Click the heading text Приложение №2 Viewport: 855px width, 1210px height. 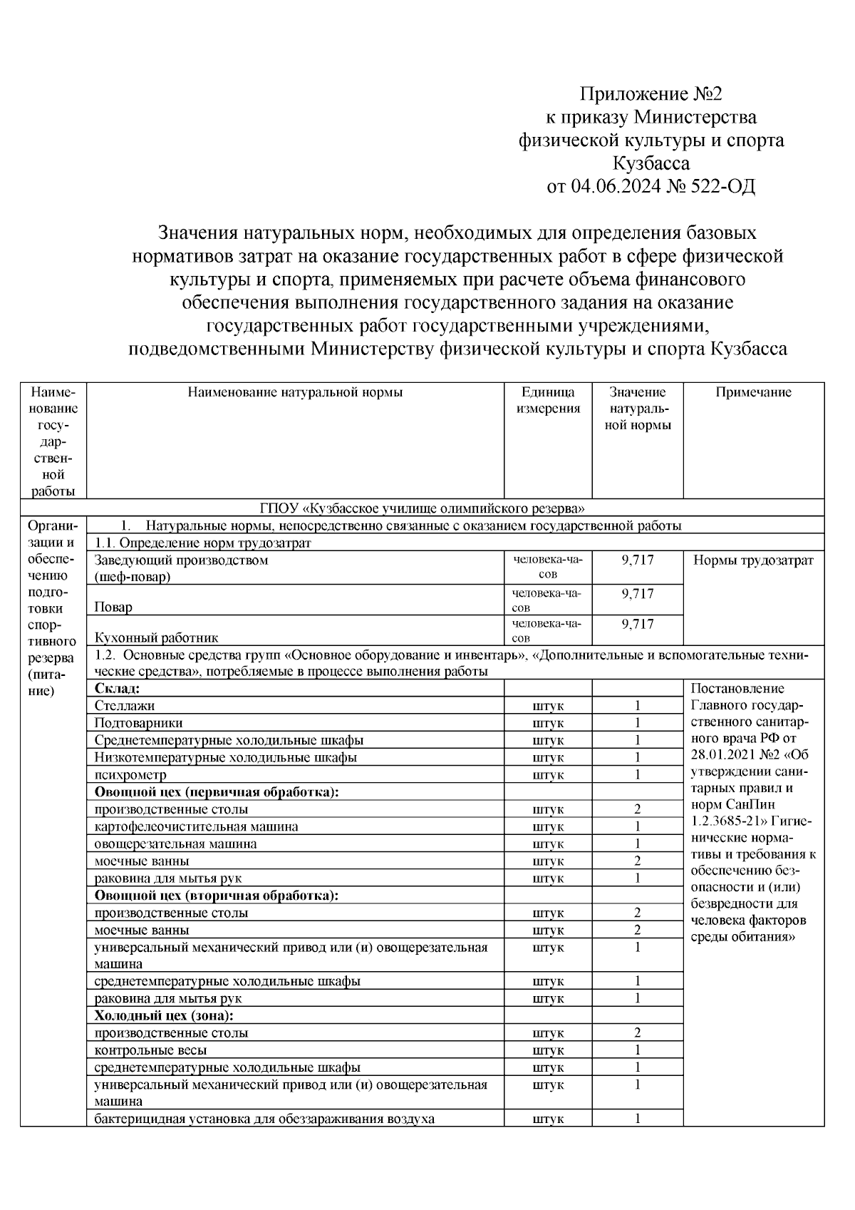point(651,94)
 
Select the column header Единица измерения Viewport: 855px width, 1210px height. point(548,400)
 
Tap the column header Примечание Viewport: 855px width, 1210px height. point(753,392)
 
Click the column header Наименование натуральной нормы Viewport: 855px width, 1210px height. point(295,392)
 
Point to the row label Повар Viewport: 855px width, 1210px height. point(113,607)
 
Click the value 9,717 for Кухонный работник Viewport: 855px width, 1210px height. point(637,624)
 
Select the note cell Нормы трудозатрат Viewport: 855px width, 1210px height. point(753,560)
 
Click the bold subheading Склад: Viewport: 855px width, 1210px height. point(117,689)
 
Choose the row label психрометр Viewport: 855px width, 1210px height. point(130,774)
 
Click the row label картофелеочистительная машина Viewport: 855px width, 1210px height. point(196,826)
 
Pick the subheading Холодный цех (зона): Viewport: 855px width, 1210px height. point(165,1015)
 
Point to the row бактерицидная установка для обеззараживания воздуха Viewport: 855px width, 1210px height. point(264,1119)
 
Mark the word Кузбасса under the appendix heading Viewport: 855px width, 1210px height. point(651,163)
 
